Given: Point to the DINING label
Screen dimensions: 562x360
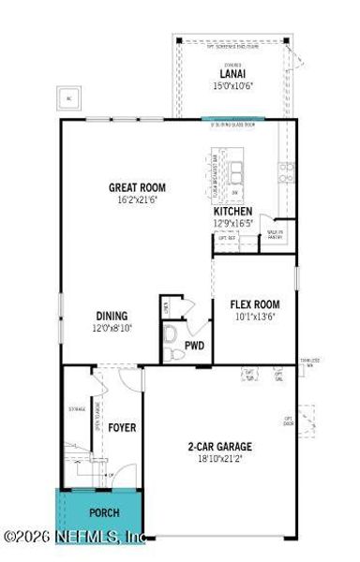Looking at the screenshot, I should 111,317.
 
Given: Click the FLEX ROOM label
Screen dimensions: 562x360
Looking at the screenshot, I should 255,304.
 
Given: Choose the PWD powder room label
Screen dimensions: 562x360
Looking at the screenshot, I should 194,346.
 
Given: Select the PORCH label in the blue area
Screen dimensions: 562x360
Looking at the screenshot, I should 104,514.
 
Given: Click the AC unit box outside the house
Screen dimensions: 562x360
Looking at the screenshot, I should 68,97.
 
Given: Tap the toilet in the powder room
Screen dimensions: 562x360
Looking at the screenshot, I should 171,334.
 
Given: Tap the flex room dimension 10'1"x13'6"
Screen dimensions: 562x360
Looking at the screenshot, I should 255,317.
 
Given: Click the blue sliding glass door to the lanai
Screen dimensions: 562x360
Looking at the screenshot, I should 232,118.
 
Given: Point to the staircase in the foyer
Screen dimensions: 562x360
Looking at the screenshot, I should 83,464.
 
